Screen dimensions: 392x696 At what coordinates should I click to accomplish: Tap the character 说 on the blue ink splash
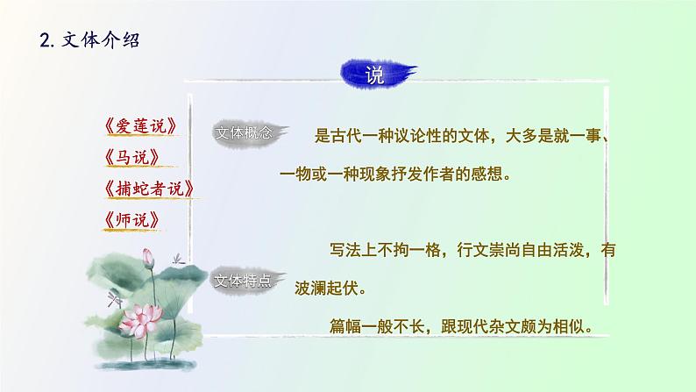[x=374, y=75]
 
